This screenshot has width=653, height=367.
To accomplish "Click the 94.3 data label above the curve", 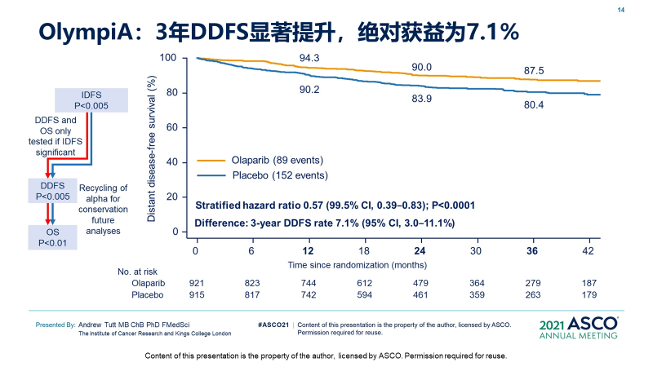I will [309, 58].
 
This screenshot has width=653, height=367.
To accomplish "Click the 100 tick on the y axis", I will [169, 58].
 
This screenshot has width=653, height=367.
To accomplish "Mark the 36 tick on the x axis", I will [532, 251].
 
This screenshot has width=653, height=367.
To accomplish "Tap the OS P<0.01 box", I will [51, 237].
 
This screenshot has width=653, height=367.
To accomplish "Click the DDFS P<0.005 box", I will [51, 191].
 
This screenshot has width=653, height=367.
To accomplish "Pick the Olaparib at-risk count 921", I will [196, 281].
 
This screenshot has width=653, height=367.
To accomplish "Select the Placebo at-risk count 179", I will [590, 294].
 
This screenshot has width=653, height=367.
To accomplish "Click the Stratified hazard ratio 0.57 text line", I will [335, 205].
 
